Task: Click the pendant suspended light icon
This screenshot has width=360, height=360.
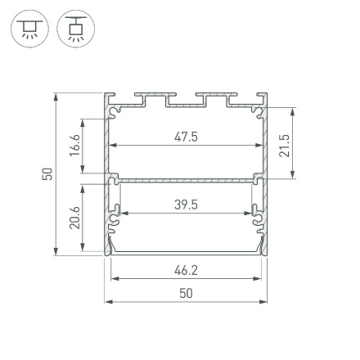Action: click(75, 29)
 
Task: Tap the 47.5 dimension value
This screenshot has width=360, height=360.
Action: click(186, 137)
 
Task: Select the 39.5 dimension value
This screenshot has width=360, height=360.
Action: click(186, 205)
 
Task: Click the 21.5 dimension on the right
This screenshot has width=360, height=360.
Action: click(285, 141)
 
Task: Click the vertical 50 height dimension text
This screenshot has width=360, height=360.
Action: click(48, 173)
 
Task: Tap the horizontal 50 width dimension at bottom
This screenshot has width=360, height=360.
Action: click(186, 293)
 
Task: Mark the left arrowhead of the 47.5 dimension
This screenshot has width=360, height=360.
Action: click(113, 146)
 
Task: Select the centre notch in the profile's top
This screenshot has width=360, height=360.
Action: click(186, 101)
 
